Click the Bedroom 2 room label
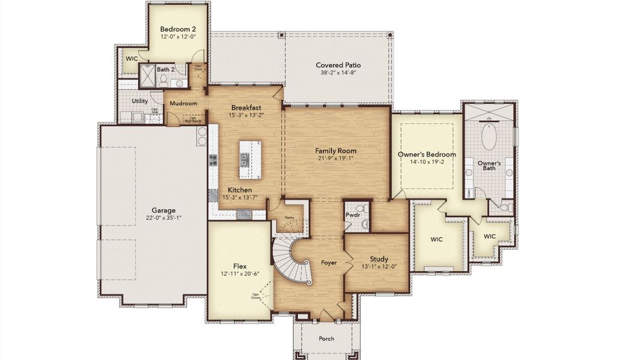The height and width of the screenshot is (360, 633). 178,29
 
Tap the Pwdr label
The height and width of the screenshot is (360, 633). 352,214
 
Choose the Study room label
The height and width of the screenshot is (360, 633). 379,259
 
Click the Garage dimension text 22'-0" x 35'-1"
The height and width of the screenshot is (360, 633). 163,218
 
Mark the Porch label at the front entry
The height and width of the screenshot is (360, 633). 326,339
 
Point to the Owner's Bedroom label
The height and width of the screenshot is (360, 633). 427,154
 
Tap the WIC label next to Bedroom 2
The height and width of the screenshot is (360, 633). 131,59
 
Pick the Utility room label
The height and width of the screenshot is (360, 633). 140,101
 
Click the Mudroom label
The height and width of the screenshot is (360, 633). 183,103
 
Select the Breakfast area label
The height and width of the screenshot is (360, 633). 246,107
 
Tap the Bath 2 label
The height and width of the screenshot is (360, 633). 166,70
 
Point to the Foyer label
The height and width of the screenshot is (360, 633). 328,263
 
